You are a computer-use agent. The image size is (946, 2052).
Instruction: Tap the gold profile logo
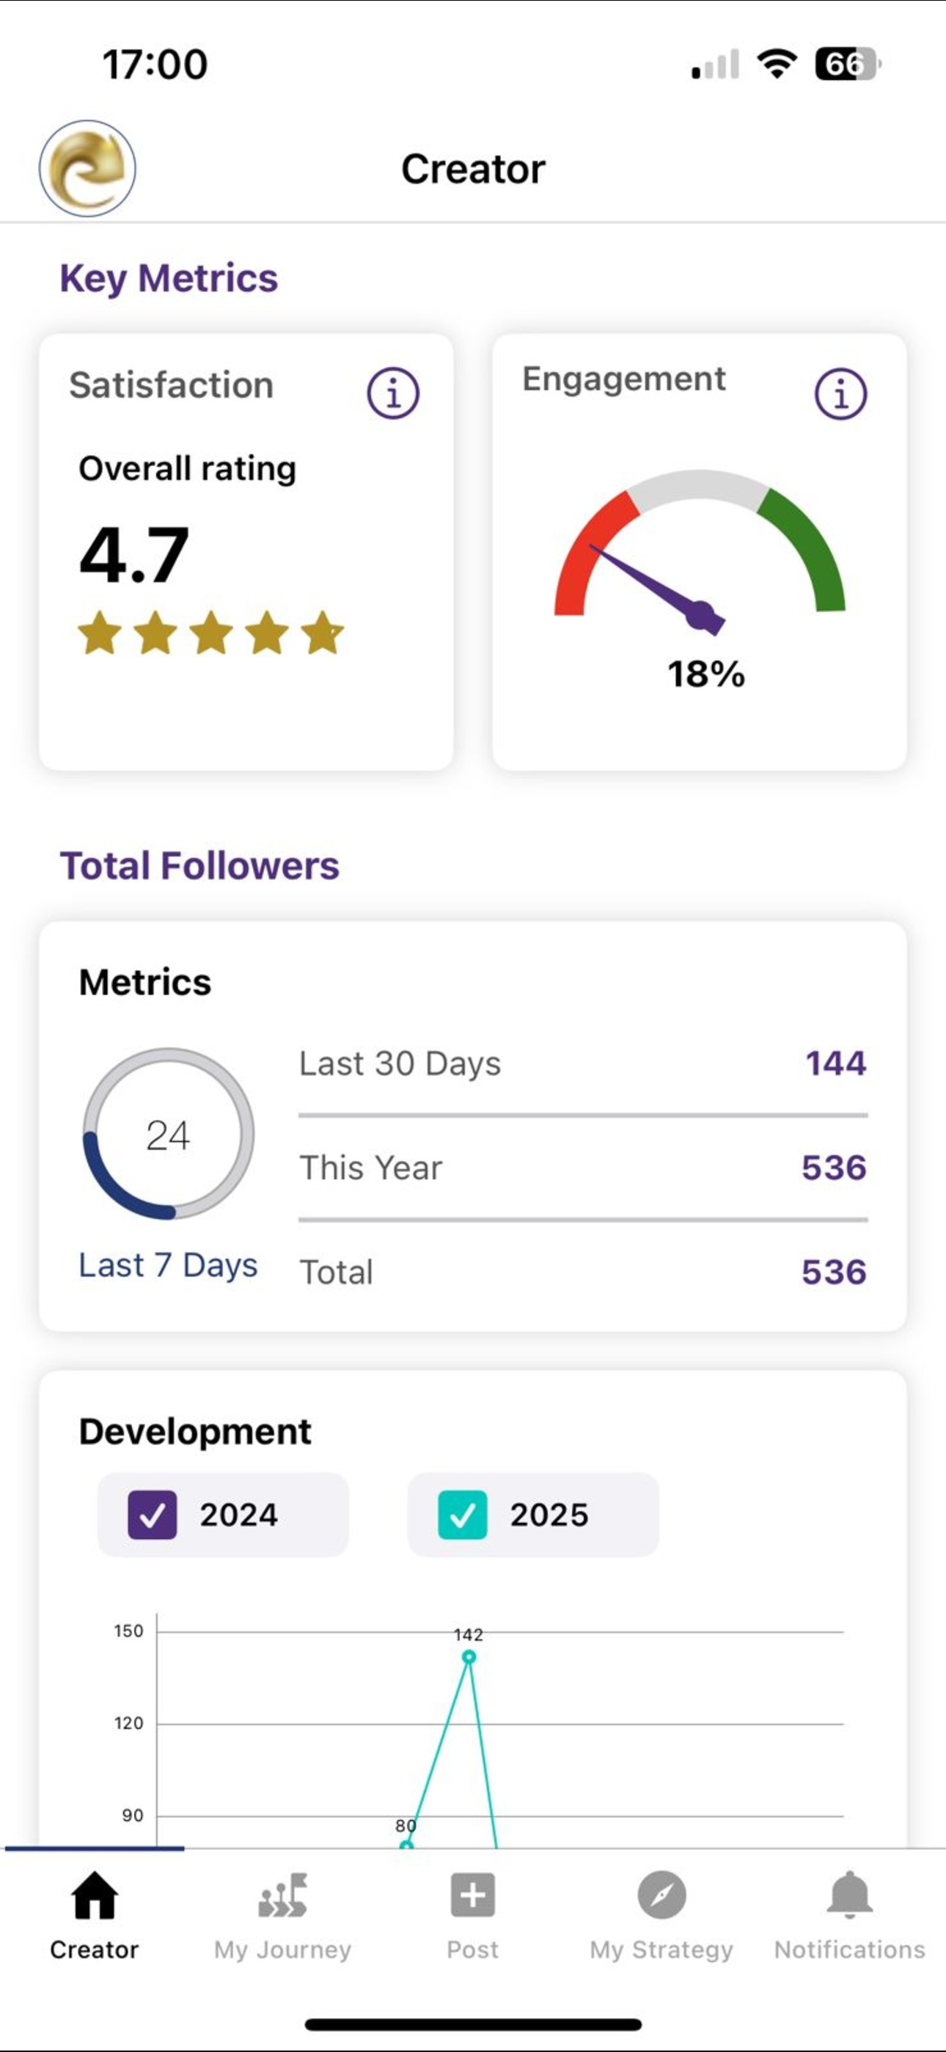click(x=87, y=168)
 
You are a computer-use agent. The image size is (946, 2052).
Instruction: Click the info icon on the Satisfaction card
click(x=392, y=393)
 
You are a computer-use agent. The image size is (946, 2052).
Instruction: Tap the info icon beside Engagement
click(x=841, y=393)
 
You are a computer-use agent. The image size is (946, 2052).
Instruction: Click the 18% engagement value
click(x=706, y=674)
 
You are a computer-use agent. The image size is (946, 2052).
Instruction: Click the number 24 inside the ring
click(x=168, y=1135)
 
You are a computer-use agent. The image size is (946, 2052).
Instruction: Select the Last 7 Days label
click(x=168, y=1265)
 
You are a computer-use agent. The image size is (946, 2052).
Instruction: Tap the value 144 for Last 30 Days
click(x=835, y=1063)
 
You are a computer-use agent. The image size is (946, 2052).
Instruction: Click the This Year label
click(x=370, y=1168)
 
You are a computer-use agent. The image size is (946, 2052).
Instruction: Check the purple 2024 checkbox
click(x=152, y=1514)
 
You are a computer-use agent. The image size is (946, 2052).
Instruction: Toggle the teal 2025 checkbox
click(x=463, y=1514)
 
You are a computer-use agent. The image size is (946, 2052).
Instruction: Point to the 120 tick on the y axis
click(x=128, y=1724)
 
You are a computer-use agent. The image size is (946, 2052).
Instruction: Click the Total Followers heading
click(x=200, y=866)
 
